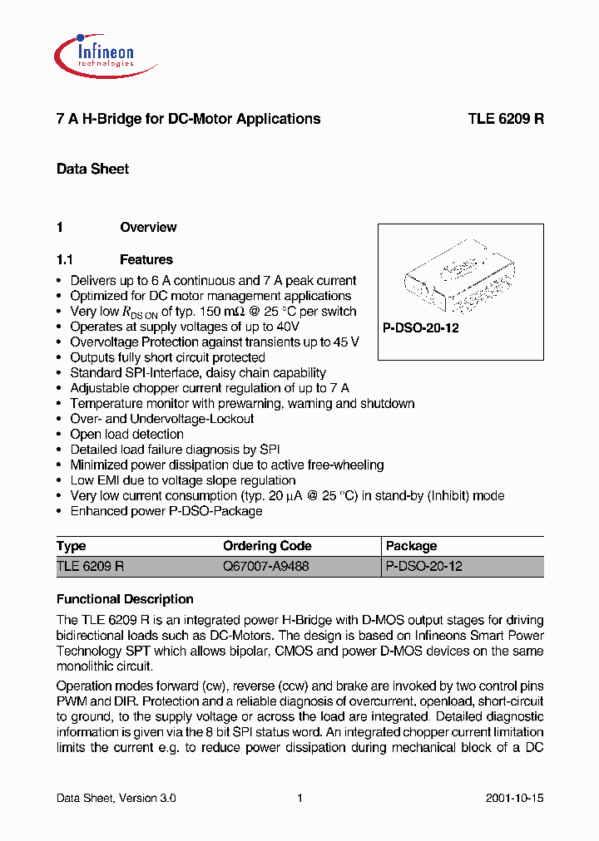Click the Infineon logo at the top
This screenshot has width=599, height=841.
pos(94,51)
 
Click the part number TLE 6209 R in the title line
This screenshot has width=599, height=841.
pos(505,119)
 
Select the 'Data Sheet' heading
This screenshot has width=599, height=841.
pos(92,169)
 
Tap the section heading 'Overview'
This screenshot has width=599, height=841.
pos(148,227)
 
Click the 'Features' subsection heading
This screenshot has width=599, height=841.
pos(146,259)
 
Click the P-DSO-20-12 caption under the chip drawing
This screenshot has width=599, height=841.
pos(420,328)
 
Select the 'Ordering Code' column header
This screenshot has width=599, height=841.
pos(267,546)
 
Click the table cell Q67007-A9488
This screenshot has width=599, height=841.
pos(265,566)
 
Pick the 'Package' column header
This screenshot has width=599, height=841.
pos(411,546)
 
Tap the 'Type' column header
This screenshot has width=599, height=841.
pos(72,546)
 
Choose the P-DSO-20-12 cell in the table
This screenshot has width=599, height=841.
pos(423,566)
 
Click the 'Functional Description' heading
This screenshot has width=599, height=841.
pos(125,599)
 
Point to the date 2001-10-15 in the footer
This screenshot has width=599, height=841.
pos(514,798)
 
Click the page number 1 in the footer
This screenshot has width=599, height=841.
pos(299,798)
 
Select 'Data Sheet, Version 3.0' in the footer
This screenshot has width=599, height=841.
pos(116,798)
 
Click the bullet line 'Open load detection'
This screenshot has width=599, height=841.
pos(126,434)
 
